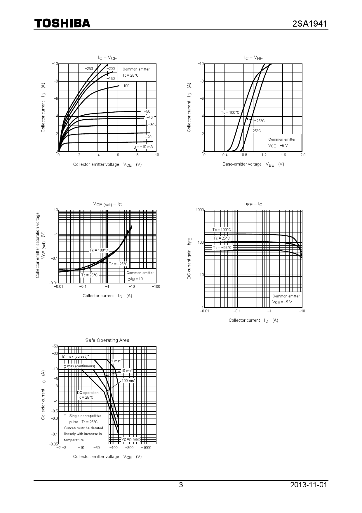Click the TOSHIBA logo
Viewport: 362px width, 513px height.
pos(62,23)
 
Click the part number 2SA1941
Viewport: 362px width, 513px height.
pos(310,24)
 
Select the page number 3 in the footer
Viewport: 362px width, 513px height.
pos(181,485)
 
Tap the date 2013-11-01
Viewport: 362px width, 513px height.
pos(309,485)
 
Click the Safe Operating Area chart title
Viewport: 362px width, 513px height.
pos(107,340)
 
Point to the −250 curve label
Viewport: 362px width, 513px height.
pos(88,69)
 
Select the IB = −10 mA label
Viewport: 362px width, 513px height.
pos(142,147)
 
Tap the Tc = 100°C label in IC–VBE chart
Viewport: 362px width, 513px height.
pos(230,113)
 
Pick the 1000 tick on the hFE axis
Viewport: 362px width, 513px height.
pos(200,210)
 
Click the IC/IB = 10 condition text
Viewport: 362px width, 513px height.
pos(135,279)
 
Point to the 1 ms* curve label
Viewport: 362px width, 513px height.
pos(116,361)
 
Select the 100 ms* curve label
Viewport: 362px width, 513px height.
pos(128,381)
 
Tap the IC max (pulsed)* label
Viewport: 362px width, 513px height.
pos(75,357)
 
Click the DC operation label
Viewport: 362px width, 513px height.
pos(88,393)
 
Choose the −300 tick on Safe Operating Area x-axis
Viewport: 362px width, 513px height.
pos(129,448)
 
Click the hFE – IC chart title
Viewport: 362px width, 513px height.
pos(253,204)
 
